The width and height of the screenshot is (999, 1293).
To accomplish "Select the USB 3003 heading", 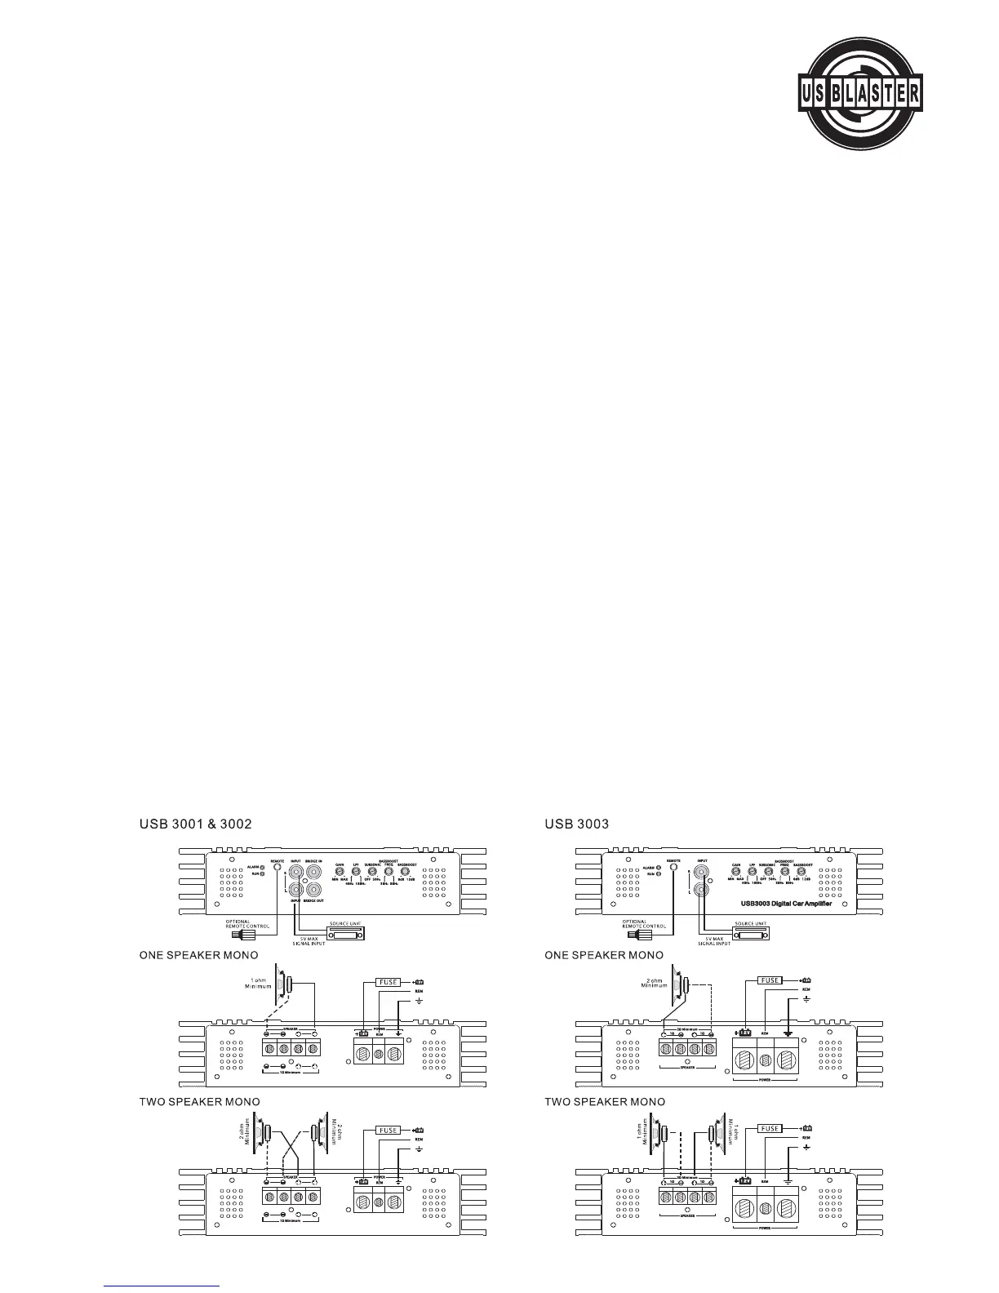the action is coord(576,824).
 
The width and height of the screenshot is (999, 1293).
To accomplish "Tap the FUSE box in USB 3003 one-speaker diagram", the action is coord(770,980).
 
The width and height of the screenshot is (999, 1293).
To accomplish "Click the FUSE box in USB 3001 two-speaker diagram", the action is coord(388,1130).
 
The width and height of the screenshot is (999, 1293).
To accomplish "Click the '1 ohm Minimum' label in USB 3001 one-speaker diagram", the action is coord(258,983).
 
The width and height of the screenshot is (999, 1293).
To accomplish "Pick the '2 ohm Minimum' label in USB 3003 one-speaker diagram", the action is coord(655,982).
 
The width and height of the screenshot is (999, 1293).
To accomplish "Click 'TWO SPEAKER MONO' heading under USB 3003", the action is coord(605,1102).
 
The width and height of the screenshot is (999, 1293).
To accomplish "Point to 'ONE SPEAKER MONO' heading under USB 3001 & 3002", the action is coord(199,954).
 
